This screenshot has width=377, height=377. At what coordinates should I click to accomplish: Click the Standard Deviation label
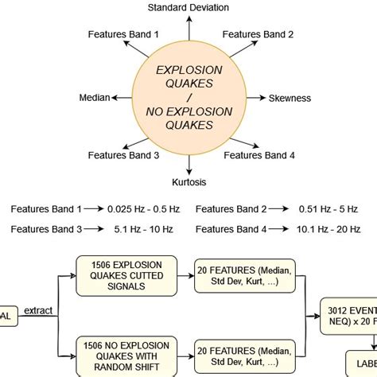point(188,7)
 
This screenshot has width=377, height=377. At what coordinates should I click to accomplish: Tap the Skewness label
point(290,98)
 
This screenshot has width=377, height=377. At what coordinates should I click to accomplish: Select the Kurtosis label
point(188,181)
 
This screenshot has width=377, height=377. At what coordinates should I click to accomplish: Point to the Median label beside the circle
point(95,98)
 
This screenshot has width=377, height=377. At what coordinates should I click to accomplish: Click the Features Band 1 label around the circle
point(123,34)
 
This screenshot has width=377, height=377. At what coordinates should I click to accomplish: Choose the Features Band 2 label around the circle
point(258,34)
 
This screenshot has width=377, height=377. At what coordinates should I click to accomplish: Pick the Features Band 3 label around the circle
point(123,156)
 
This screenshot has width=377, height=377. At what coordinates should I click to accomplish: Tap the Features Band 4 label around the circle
point(259,156)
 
